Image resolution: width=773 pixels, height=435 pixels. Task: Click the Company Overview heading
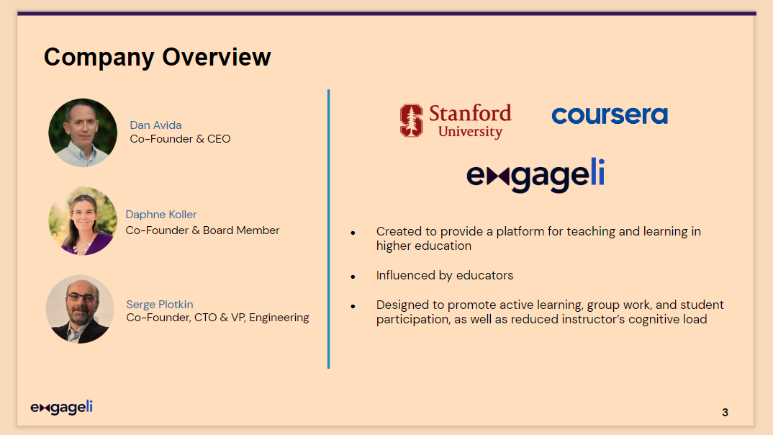(157, 58)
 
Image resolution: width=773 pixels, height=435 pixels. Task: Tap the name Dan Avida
(155, 125)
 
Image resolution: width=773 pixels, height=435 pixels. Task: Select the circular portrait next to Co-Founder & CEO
(83, 133)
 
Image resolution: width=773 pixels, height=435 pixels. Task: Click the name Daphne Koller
(161, 215)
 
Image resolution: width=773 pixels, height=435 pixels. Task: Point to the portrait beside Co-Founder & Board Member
(83, 221)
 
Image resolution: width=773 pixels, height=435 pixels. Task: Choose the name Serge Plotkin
(160, 305)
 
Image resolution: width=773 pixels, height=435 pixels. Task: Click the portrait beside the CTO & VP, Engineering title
(80, 309)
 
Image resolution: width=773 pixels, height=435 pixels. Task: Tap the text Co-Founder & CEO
(180, 139)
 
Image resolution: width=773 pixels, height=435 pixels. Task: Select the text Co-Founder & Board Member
(203, 230)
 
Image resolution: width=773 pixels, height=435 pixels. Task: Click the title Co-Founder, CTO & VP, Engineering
(217, 318)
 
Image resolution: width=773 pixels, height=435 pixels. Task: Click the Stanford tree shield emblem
(411, 120)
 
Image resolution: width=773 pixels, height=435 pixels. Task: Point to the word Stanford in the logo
(470, 113)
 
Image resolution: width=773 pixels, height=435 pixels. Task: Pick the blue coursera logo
(610, 115)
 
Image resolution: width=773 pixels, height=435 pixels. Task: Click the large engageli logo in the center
(535, 175)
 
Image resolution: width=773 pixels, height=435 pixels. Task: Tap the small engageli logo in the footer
(62, 408)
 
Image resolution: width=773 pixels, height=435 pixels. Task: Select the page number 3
(725, 412)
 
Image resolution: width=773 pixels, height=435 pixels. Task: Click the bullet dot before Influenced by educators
(353, 277)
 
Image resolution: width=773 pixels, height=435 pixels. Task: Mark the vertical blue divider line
(328, 229)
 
